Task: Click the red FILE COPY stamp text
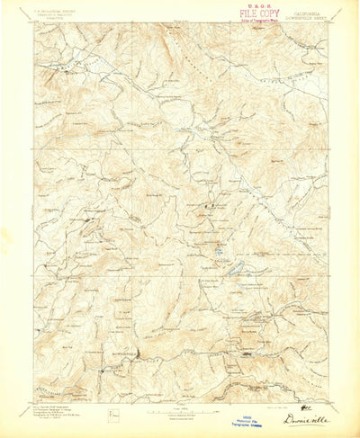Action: tap(259, 14)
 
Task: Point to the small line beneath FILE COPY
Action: tap(260, 21)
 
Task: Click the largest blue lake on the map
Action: tap(230, 269)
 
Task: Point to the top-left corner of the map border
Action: tap(36, 23)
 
